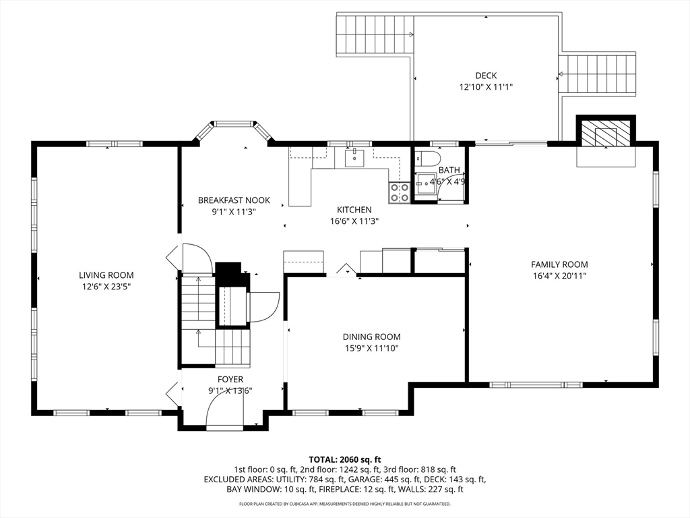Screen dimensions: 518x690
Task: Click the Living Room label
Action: point(106,275)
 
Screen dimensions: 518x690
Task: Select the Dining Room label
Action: point(371,337)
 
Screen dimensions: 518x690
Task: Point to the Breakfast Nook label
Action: point(234,200)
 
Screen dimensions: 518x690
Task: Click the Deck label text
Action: point(485,76)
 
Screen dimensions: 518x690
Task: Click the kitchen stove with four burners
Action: point(399,193)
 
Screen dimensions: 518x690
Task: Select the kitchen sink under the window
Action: point(354,159)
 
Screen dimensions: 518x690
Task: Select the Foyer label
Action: point(230,380)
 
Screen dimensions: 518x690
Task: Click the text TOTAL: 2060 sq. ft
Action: point(344,459)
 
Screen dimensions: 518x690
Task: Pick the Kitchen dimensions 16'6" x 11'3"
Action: point(354,221)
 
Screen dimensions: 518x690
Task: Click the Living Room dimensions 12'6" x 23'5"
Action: point(106,287)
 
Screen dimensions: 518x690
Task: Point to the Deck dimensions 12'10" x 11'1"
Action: point(486,87)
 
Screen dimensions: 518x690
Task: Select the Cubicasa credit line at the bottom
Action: point(344,504)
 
